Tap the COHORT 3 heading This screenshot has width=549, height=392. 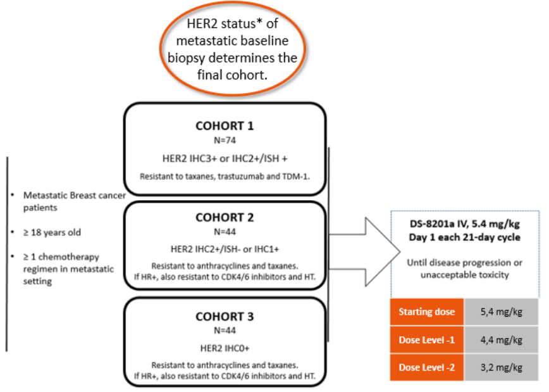(225, 316)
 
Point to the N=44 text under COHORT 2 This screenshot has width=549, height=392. (225, 232)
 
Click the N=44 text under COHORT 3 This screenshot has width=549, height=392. (225, 329)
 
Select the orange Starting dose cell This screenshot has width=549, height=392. (427, 312)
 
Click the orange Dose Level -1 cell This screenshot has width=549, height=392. (427, 340)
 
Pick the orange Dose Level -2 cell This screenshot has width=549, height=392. (427, 367)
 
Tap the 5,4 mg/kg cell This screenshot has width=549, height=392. (501, 312)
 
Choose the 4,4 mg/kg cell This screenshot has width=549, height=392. (501, 340)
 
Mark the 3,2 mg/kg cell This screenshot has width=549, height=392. (501, 367)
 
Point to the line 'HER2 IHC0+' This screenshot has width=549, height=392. (225, 346)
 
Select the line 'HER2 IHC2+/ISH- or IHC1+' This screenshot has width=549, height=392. (225, 247)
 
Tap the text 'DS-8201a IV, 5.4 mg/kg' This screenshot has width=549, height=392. (465, 224)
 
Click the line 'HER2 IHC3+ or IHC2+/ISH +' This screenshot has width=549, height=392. (225, 155)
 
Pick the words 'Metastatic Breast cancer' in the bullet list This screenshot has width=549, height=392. (73, 195)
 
